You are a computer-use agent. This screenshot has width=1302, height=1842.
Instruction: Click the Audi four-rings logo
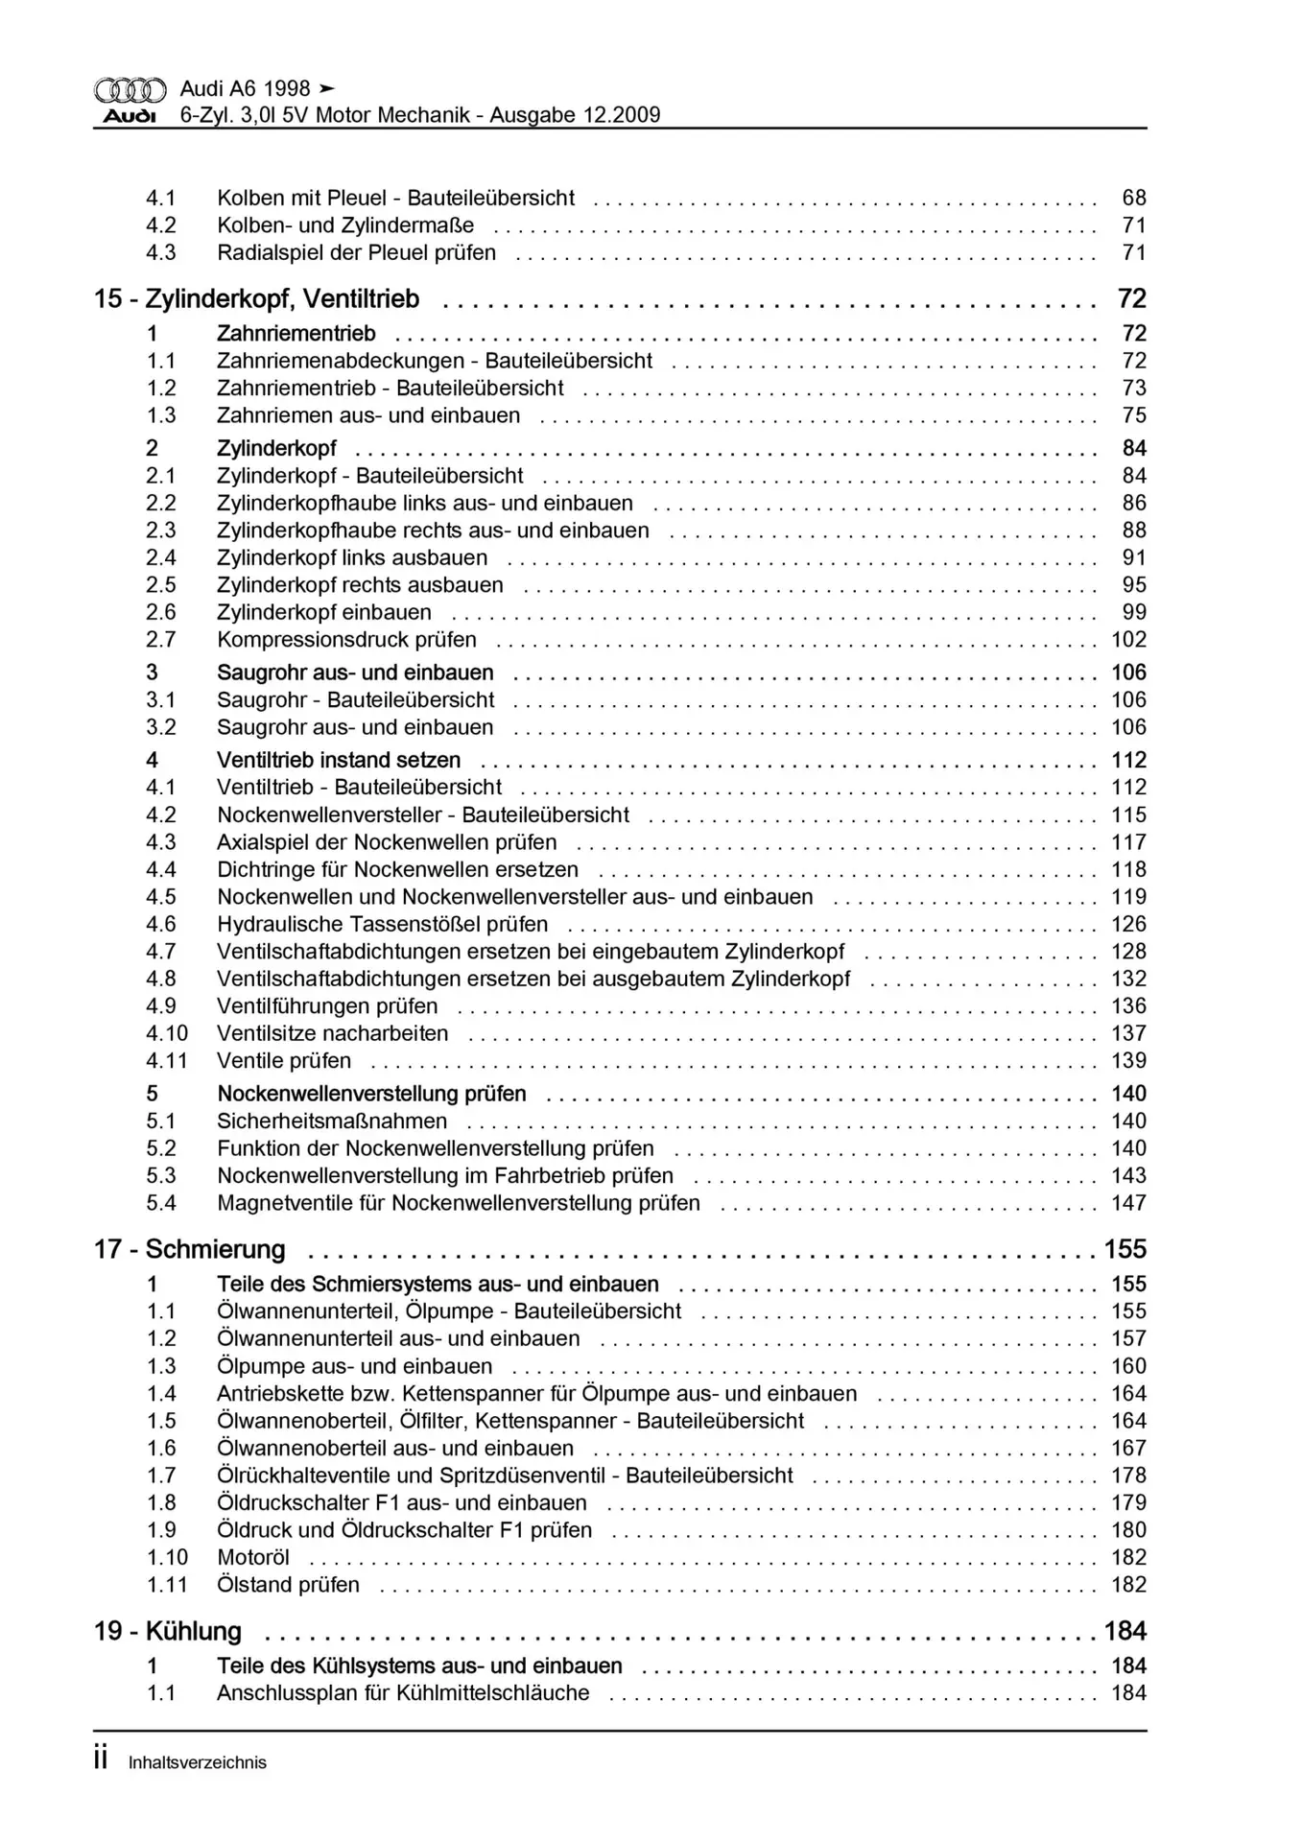coord(130,90)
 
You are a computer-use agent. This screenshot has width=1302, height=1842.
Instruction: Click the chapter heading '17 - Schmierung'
coord(190,1249)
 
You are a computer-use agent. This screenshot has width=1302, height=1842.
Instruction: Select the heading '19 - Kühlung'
coord(168,1631)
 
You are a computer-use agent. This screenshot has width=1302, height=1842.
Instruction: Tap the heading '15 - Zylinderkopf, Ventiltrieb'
coord(257,299)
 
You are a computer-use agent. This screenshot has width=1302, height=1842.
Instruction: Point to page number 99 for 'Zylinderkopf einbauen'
coord(1134,612)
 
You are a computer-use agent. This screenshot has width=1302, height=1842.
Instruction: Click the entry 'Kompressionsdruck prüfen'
coord(346,640)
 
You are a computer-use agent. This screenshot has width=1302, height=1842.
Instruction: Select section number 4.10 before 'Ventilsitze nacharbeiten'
coord(167,1033)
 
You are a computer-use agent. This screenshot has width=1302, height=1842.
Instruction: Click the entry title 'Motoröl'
coord(253,1557)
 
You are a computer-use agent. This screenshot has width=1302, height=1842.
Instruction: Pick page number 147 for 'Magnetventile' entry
coord(1128,1203)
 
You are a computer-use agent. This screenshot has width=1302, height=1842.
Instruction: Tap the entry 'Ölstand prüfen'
coord(288,1585)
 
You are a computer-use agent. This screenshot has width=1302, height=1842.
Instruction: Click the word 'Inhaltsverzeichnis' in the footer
coord(198,1762)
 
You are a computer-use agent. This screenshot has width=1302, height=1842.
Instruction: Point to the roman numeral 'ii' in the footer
coord(101,1759)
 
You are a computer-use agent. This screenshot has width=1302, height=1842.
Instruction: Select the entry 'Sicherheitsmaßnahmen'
coord(332,1121)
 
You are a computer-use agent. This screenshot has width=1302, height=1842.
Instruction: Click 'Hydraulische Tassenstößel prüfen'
coord(383,924)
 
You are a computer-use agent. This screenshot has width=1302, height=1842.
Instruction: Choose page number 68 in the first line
coord(1134,198)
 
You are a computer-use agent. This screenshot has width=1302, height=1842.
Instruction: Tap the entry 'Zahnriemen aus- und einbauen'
coord(368,415)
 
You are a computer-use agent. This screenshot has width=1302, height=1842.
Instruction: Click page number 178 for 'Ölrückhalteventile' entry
coord(1128,1476)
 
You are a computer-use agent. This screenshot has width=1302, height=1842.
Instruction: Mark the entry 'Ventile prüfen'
coord(284,1061)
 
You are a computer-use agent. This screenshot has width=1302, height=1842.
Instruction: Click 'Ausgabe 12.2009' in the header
coord(575,116)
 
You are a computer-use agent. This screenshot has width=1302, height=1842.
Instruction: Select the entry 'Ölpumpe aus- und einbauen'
coord(354,1366)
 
